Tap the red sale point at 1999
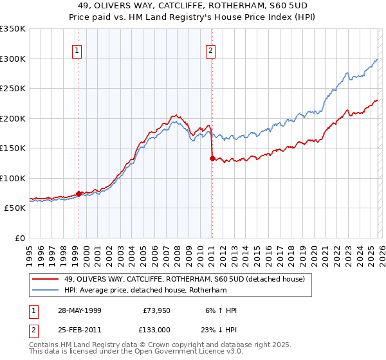point(78,194)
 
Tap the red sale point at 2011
point(212,158)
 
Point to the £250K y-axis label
point(13,89)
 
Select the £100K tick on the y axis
point(13,178)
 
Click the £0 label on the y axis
point(19,238)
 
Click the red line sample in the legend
point(45,278)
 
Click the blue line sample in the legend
point(45,289)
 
